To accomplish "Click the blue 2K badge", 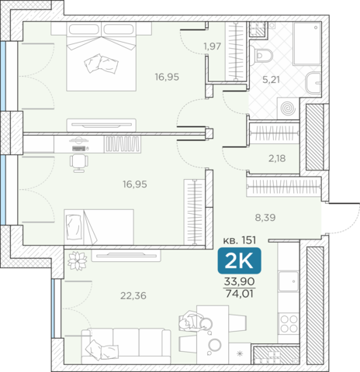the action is [x=239, y=260].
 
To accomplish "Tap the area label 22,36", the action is [x=133, y=295].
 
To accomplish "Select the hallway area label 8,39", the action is [x=265, y=218].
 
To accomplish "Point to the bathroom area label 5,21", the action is [x=271, y=80].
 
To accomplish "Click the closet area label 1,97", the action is [x=212, y=46].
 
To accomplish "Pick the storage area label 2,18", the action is [x=277, y=158].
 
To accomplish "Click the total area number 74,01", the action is [x=239, y=294].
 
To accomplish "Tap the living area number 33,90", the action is [x=239, y=281].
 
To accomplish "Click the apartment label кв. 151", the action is [x=240, y=240].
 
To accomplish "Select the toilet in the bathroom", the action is [x=264, y=56].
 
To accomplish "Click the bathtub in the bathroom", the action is [x=307, y=43].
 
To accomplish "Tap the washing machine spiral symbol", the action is [x=289, y=108].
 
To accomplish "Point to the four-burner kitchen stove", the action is [x=289, y=324].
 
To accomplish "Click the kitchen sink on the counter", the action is [x=289, y=281].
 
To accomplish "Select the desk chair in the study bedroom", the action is [x=79, y=164].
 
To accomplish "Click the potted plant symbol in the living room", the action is [x=77, y=260].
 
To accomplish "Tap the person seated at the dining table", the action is [x=195, y=322].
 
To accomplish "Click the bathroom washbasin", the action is [x=313, y=83].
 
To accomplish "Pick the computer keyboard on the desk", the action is [x=79, y=149].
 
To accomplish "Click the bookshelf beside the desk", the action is [x=123, y=144].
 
